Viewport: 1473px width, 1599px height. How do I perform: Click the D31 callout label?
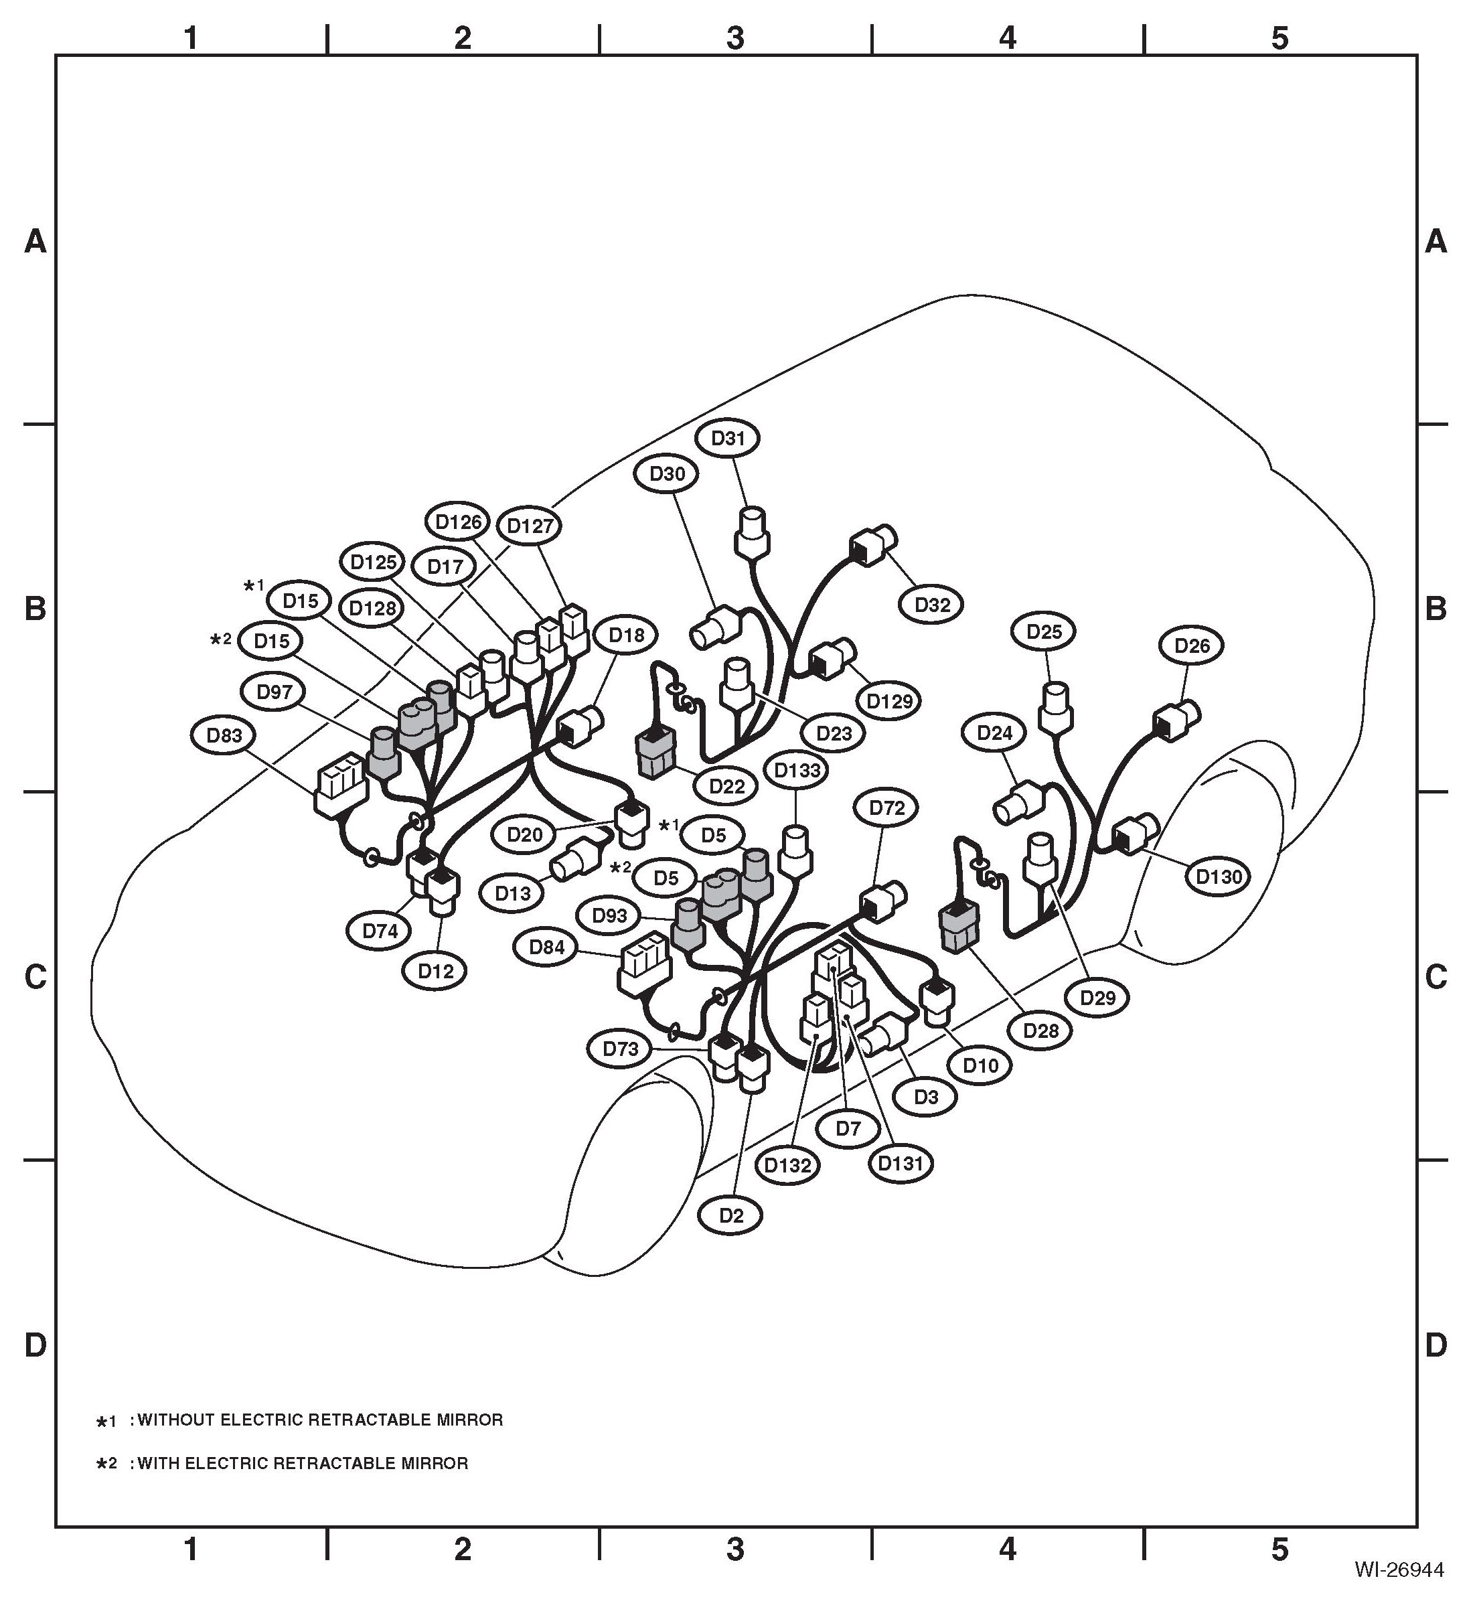[x=727, y=439]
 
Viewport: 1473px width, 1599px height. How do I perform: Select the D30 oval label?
[x=667, y=473]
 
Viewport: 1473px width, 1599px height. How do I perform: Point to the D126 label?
[x=459, y=522]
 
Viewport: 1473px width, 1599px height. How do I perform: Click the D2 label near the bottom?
[x=731, y=1215]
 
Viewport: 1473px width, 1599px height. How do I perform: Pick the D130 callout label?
[x=1219, y=877]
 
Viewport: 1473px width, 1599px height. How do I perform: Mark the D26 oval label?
[x=1192, y=645]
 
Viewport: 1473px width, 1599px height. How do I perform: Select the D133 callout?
[x=796, y=770]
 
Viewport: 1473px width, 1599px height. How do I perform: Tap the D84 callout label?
[x=547, y=947]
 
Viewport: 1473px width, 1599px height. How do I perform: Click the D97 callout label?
[x=275, y=692]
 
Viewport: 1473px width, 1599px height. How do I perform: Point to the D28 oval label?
[x=1041, y=1031]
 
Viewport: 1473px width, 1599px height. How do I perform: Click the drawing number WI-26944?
[x=1399, y=1570]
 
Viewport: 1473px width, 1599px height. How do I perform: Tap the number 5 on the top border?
[x=1280, y=37]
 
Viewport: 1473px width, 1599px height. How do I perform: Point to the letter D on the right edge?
[x=1436, y=1345]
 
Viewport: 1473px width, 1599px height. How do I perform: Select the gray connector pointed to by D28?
[x=961, y=927]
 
